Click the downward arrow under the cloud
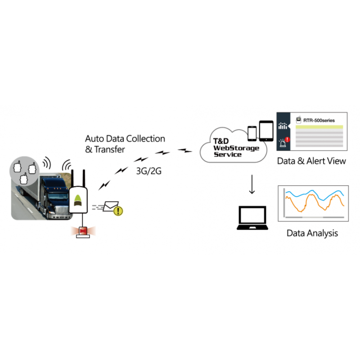click(x=252, y=184)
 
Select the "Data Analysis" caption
click(x=312, y=233)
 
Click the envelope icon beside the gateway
click(x=110, y=206)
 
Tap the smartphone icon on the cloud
click(x=252, y=133)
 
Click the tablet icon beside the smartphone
click(x=266, y=130)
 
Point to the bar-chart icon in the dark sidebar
click(x=283, y=127)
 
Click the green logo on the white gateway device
click(x=78, y=198)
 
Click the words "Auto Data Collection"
click(x=125, y=139)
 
